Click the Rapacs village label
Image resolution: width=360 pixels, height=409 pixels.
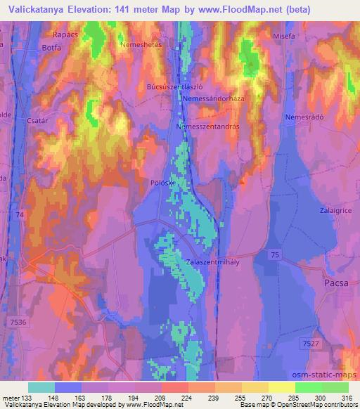coord(65,33)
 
